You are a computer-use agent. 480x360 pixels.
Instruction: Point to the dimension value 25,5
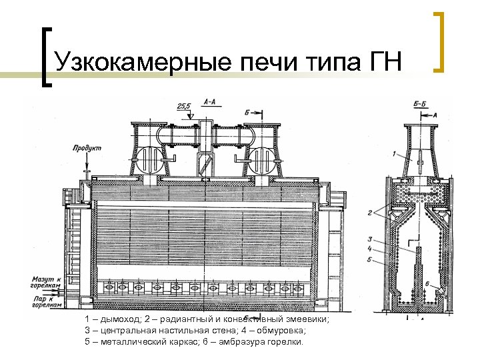coord(183,105)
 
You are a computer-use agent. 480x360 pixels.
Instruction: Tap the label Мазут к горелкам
coord(46,281)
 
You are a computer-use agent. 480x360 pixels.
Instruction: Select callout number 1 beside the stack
coord(394,154)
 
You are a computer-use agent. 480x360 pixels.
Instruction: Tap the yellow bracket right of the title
coord(439,41)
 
